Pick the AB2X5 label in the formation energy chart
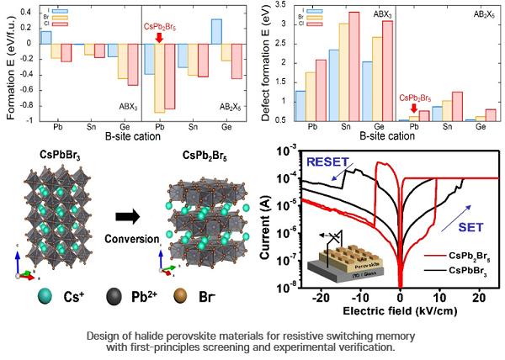[x=221, y=108]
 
